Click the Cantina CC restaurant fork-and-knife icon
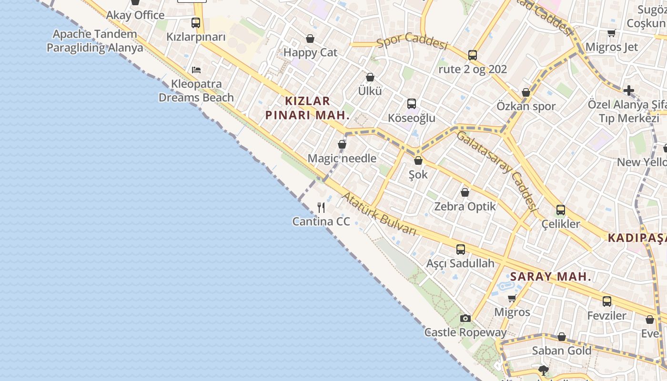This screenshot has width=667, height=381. point(321,208)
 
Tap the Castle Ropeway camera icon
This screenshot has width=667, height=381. point(465,318)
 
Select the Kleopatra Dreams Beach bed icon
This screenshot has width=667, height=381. point(196,70)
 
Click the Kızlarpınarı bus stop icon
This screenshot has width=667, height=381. point(196,22)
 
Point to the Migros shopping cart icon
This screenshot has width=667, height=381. point(512,298)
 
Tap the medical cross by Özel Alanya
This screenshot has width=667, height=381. point(629,90)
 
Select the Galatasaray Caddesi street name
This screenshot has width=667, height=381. point(497,171)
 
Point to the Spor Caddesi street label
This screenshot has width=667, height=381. point(412,42)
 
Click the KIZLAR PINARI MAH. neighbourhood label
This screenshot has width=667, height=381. point(307,108)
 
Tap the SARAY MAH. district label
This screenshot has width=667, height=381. point(550,276)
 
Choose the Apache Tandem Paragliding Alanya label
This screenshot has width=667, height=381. point(95,41)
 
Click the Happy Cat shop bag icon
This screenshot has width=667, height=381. point(310,39)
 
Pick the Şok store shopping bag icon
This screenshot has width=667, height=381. point(418,161)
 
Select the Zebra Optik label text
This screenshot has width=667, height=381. point(465,206)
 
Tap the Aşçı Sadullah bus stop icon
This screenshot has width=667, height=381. point(461,249)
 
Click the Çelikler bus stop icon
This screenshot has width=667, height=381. point(561,210)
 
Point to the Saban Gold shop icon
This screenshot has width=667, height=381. point(562,337)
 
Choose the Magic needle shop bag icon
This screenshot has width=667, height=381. point(342,144)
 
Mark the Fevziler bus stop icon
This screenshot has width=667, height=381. point(606,301)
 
